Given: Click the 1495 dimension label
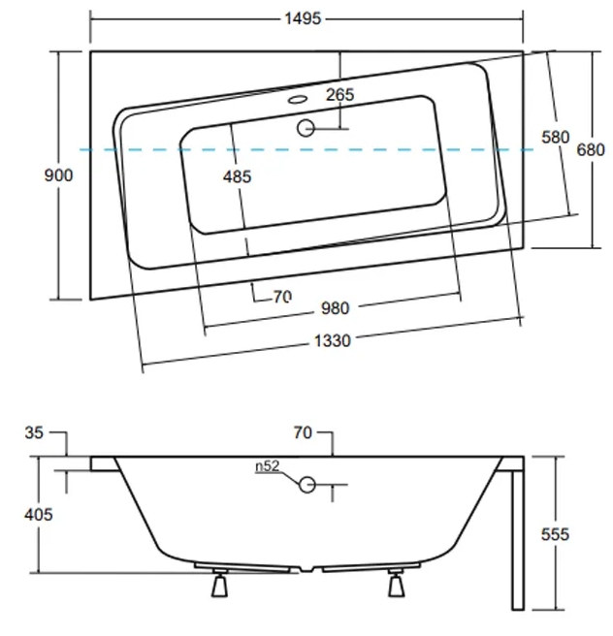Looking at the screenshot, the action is (303, 18).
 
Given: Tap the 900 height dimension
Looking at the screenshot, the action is (58, 175).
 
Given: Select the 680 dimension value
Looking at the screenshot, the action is (591, 150).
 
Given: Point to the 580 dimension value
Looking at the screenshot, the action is (556, 137).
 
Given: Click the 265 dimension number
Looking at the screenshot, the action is (340, 94).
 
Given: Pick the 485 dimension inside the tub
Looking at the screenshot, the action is (237, 176).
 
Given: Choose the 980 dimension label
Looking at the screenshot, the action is (335, 308).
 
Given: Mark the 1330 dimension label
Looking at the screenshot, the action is (333, 340).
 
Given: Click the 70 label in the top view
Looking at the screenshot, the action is (282, 297).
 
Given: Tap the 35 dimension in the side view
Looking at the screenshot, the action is (34, 432).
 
